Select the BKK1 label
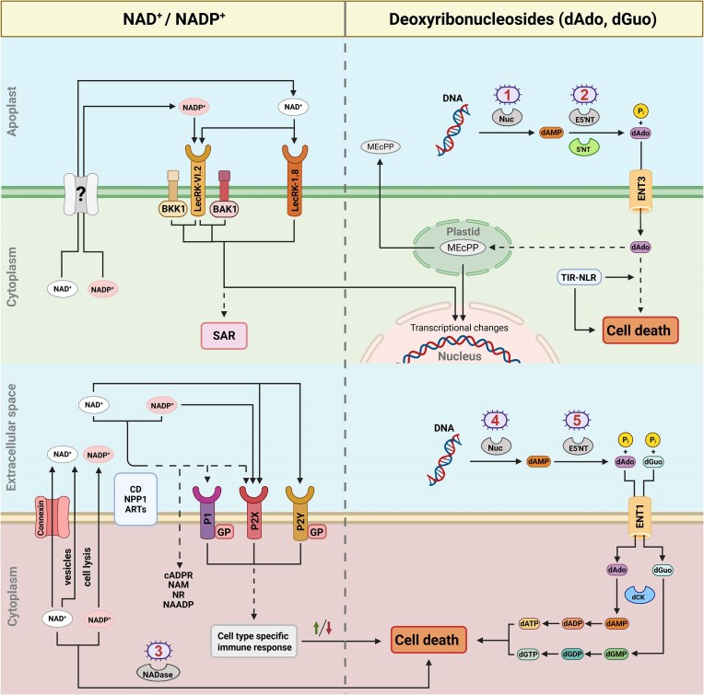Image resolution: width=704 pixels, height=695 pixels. pos(171,209)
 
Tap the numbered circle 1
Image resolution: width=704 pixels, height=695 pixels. pos(506,97)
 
